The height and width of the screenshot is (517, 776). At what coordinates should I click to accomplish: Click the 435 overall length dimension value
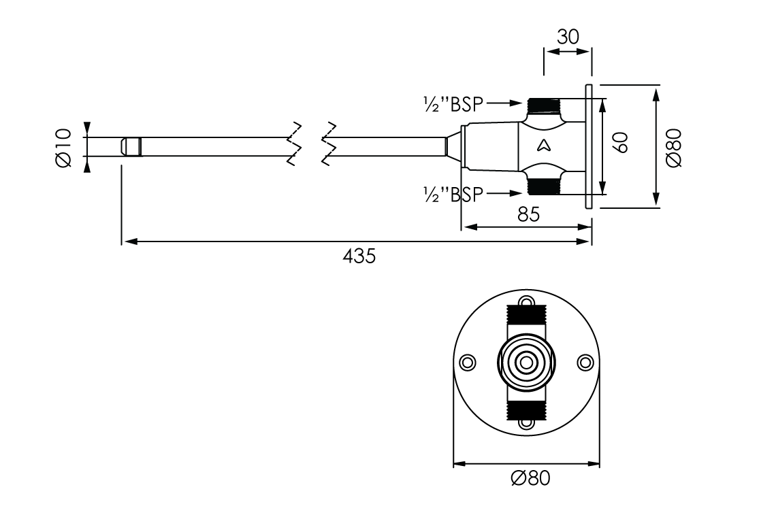click(x=359, y=256)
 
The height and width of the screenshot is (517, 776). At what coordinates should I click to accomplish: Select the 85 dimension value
click(x=528, y=214)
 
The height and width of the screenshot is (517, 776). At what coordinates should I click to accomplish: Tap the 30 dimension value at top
click(x=568, y=37)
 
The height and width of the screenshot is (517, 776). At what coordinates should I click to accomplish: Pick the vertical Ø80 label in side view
click(x=674, y=148)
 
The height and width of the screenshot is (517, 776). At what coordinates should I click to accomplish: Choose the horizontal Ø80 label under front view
click(x=530, y=478)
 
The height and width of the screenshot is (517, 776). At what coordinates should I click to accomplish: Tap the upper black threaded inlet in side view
click(x=543, y=106)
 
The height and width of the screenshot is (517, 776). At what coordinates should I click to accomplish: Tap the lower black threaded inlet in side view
click(x=543, y=185)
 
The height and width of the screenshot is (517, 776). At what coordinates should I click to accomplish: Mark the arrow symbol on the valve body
click(x=544, y=144)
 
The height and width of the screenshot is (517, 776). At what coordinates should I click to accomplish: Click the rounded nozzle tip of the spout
click(x=131, y=146)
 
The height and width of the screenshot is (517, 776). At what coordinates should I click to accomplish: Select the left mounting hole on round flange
click(x=468, y=362)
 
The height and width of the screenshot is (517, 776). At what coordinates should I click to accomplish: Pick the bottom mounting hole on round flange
click(x=526, y=423)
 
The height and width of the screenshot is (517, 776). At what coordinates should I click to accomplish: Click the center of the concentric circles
click(x=526, y=363)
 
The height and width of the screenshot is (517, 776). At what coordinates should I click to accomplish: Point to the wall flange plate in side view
click(x=589, y=146)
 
